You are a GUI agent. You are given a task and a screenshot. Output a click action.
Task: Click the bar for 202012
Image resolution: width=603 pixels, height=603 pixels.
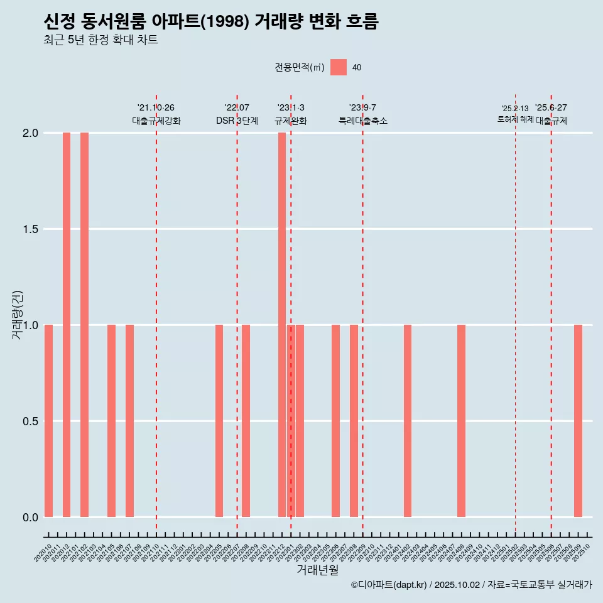pyautogui.click(x=67, y=325)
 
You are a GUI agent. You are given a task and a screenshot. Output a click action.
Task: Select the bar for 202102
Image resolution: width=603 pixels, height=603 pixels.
pyautogui.click(x=84, y=325)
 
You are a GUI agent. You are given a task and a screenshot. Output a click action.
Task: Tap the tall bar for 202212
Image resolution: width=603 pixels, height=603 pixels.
pyautogui.click(x=282, y=325)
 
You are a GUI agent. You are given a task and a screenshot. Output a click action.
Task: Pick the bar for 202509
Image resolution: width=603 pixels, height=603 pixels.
pyautogui.click(x=578, y=421)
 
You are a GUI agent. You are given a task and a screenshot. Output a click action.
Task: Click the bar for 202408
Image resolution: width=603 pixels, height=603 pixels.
pyautogui.click(x=461, y=421)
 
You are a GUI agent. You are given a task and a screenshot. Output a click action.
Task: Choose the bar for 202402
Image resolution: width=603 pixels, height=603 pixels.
pyautogui.click(x=408, y=421)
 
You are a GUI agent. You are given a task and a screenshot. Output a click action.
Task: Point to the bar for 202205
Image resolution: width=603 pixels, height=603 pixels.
pyautogui.click(x=219, y=421)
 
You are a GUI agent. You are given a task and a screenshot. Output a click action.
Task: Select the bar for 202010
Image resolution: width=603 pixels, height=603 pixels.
pyautogui.click(x=48, y=421)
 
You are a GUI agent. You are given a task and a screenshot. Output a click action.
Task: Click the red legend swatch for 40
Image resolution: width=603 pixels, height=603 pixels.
pyautogui.click(x=339, y=67)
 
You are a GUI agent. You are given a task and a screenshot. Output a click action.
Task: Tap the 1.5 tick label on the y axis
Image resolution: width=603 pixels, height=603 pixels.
pyautogui.click(x=30, y=229)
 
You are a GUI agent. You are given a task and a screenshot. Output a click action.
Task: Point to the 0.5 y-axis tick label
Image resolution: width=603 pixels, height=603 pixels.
pyautogui.click(x=30, y=421)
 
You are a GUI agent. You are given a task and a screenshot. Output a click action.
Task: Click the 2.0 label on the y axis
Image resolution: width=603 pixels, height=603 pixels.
pyautogui.click(x=30, y=133)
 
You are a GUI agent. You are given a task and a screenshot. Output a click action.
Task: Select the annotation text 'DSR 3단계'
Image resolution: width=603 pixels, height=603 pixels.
pyautogui.click(x=237, y=121)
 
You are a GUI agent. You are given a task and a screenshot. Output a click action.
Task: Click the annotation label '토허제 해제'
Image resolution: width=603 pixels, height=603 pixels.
pyautogui.click(x=515, y=119)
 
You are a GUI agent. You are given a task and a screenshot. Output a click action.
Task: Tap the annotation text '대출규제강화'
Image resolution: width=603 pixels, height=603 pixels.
pyautogui.click(x=156, y=121)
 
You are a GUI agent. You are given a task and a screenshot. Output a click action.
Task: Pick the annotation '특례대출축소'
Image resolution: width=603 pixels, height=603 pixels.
pyautogui.click(x=362, y=121)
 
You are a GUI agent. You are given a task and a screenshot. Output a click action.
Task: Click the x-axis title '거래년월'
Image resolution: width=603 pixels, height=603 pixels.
pyautogui.click(x=317, y=570)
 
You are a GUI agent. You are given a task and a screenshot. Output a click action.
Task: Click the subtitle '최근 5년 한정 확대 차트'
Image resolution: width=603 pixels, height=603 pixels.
pyautogui.click(x=100, y=40)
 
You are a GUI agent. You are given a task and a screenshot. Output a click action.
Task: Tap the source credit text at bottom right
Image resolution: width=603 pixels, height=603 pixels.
pyautogui.click(x=471, y=585)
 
